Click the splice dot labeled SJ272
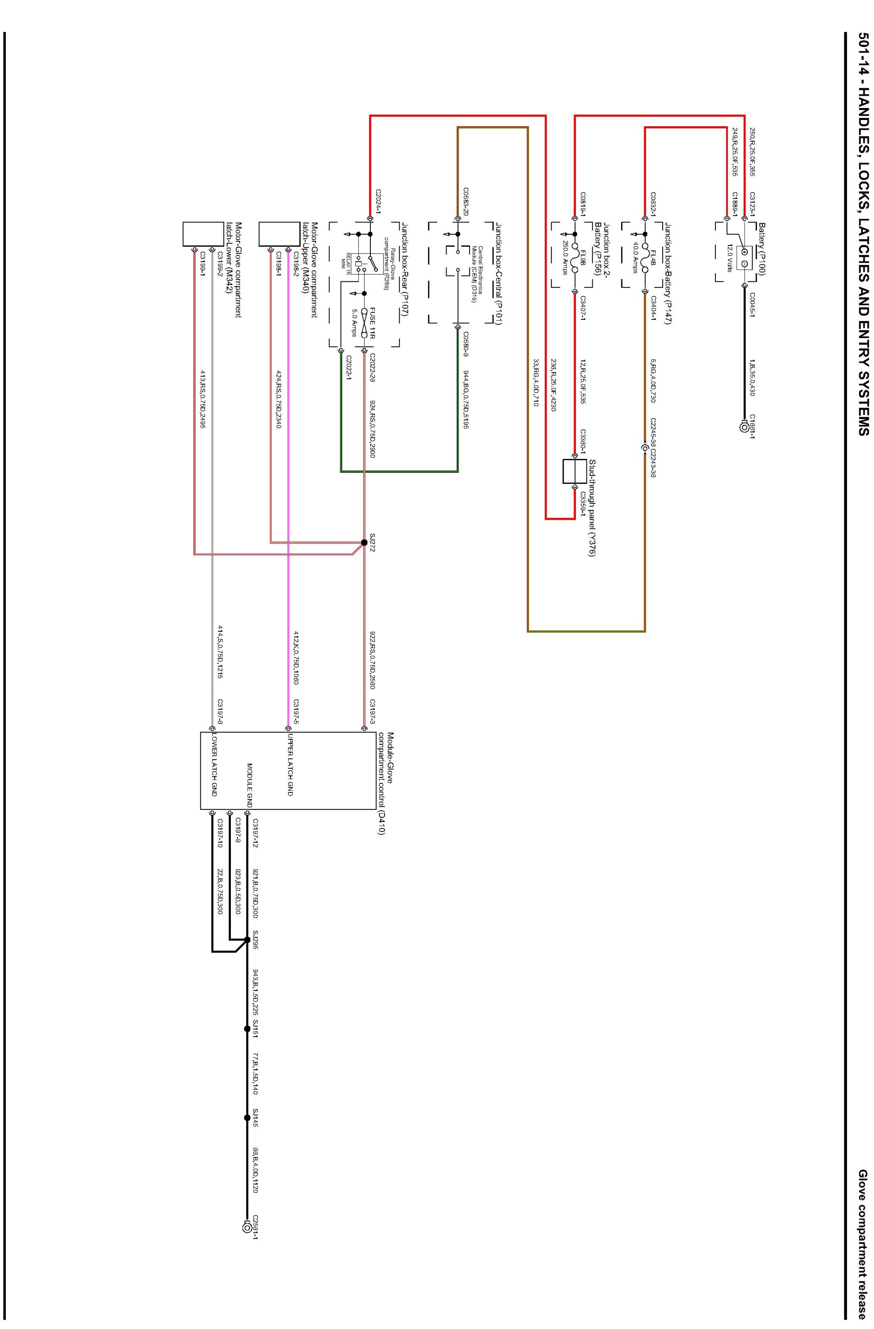(x=364, y=542)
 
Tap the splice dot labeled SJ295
(x=247, y=939)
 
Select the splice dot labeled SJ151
(x=247, y=1029)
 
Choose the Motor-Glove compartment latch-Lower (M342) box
(x=203, y=234)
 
